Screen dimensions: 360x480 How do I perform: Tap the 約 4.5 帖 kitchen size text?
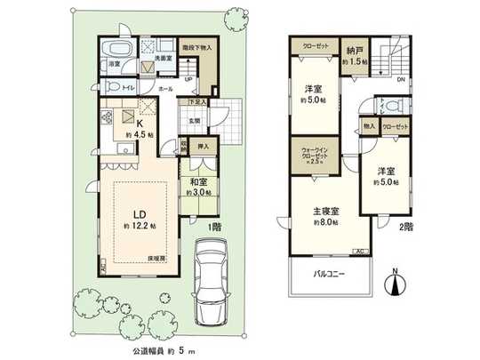click(x=140, y=134)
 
